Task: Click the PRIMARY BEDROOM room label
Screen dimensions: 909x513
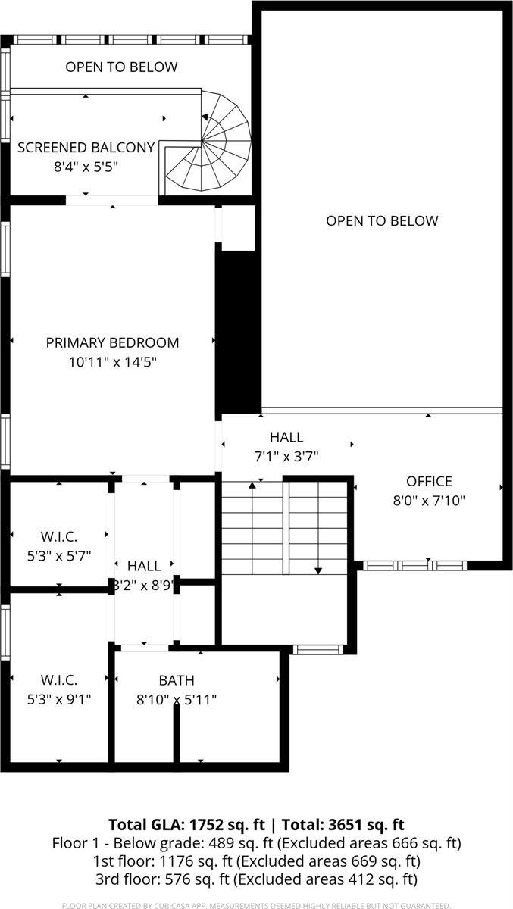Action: point(112,342)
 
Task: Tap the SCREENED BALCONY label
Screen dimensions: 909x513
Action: point(86,147)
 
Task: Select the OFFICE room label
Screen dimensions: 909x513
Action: point(429,481)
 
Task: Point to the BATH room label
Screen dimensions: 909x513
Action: point(176,680)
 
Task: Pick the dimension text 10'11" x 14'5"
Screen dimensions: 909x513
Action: point(112,362)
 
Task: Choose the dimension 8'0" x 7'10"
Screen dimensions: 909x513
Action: point(429,501)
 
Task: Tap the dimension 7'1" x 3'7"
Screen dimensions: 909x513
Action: point(286,457)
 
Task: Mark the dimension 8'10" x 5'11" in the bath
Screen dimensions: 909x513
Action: point(176,700)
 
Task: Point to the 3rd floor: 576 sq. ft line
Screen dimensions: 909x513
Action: point(256,879)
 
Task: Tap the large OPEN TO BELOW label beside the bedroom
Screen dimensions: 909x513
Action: point(382,221)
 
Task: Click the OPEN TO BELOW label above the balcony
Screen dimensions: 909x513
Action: point(121,67)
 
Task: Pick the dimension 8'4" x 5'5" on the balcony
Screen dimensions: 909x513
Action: point(86,167)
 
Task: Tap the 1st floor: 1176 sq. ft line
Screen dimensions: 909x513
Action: point(256,861)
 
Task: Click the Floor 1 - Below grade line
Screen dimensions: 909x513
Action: point(256,843)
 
